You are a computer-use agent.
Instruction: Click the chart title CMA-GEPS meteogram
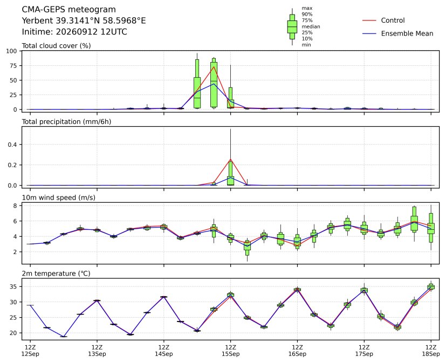click(69, 10)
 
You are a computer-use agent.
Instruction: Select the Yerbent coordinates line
click(84, 21)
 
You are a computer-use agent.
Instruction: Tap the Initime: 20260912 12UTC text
click(74, 32)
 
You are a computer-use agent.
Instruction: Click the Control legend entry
click(393, 20)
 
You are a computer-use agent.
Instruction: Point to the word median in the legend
click(311, 26)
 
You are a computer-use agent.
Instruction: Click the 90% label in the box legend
click(307, 14)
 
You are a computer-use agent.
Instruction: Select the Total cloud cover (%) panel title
click(56, 46)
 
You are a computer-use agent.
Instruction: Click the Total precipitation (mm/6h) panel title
click(66, 122)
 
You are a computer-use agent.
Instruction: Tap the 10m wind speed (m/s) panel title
click(59, 198)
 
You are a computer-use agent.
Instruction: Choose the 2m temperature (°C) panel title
click(56, 273)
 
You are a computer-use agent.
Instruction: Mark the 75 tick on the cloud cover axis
click(13, 66)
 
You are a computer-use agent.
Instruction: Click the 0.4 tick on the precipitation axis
click(12, 145)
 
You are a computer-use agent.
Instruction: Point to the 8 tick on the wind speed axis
click(15, 206)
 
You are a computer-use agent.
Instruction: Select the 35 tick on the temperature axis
click(13, 286)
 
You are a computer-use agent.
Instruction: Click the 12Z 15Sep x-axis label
click(231, 351)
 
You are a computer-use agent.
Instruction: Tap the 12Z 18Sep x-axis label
click(431, 351)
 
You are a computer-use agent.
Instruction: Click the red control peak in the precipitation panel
click(230, 159)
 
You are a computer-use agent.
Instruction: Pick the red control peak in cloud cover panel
click(214, 66)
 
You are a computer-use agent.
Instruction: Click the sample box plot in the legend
click(292, 27)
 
